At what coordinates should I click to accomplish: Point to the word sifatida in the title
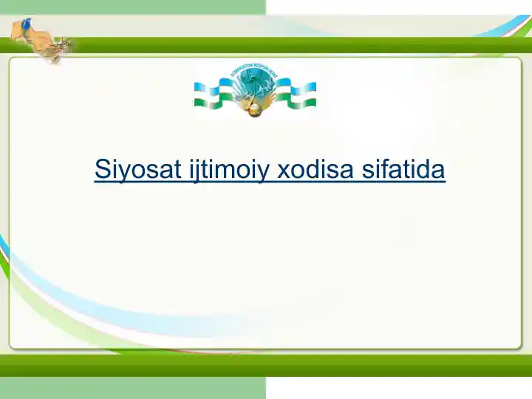pos(404,170)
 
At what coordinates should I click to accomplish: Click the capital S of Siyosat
pos(102,170)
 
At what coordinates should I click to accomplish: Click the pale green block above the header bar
pos(133,7)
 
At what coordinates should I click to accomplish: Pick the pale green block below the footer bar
pos(133,388)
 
